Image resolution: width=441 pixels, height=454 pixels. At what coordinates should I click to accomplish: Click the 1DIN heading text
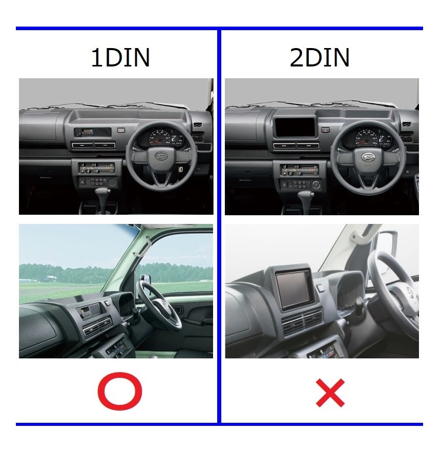coord(120,58)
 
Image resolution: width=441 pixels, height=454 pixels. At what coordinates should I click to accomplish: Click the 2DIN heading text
coord(320,58)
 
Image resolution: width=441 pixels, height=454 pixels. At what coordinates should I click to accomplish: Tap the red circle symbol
coord(120,392)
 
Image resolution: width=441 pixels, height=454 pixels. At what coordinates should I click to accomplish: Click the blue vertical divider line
coord(219,225)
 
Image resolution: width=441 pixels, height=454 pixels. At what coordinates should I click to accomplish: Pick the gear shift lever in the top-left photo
coord(104,196)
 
